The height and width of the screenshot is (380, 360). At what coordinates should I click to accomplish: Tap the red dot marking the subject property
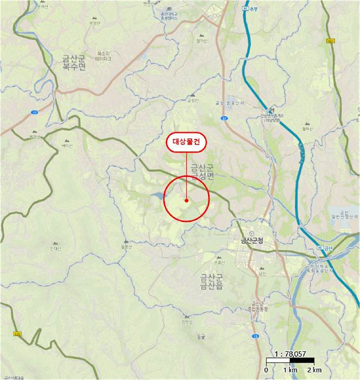(x=186, y=200)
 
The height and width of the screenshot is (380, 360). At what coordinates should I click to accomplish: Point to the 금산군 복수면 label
(x=74, y=62)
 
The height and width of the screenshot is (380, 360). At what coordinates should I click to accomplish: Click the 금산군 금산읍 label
(x=211, y=282)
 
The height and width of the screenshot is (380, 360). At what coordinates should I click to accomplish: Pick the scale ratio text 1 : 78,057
(x=291, y=353)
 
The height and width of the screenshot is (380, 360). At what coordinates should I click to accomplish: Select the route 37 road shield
(x=224, y=117)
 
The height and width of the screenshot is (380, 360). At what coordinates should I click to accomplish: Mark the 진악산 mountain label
(x=186, y=322)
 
